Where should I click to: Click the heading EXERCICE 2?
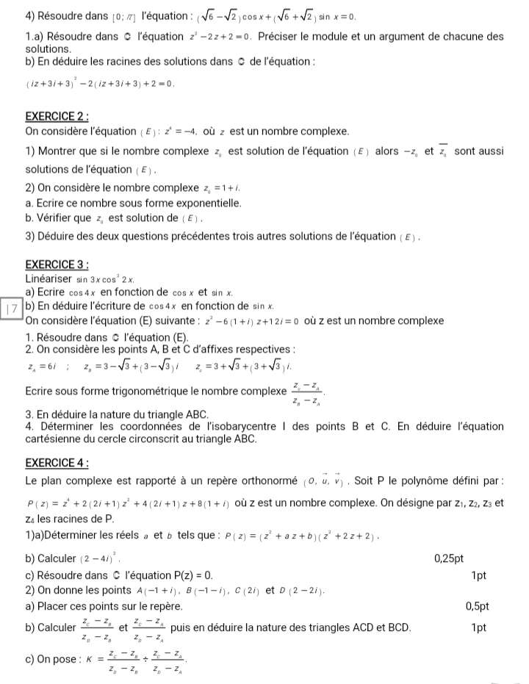(57, 117)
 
